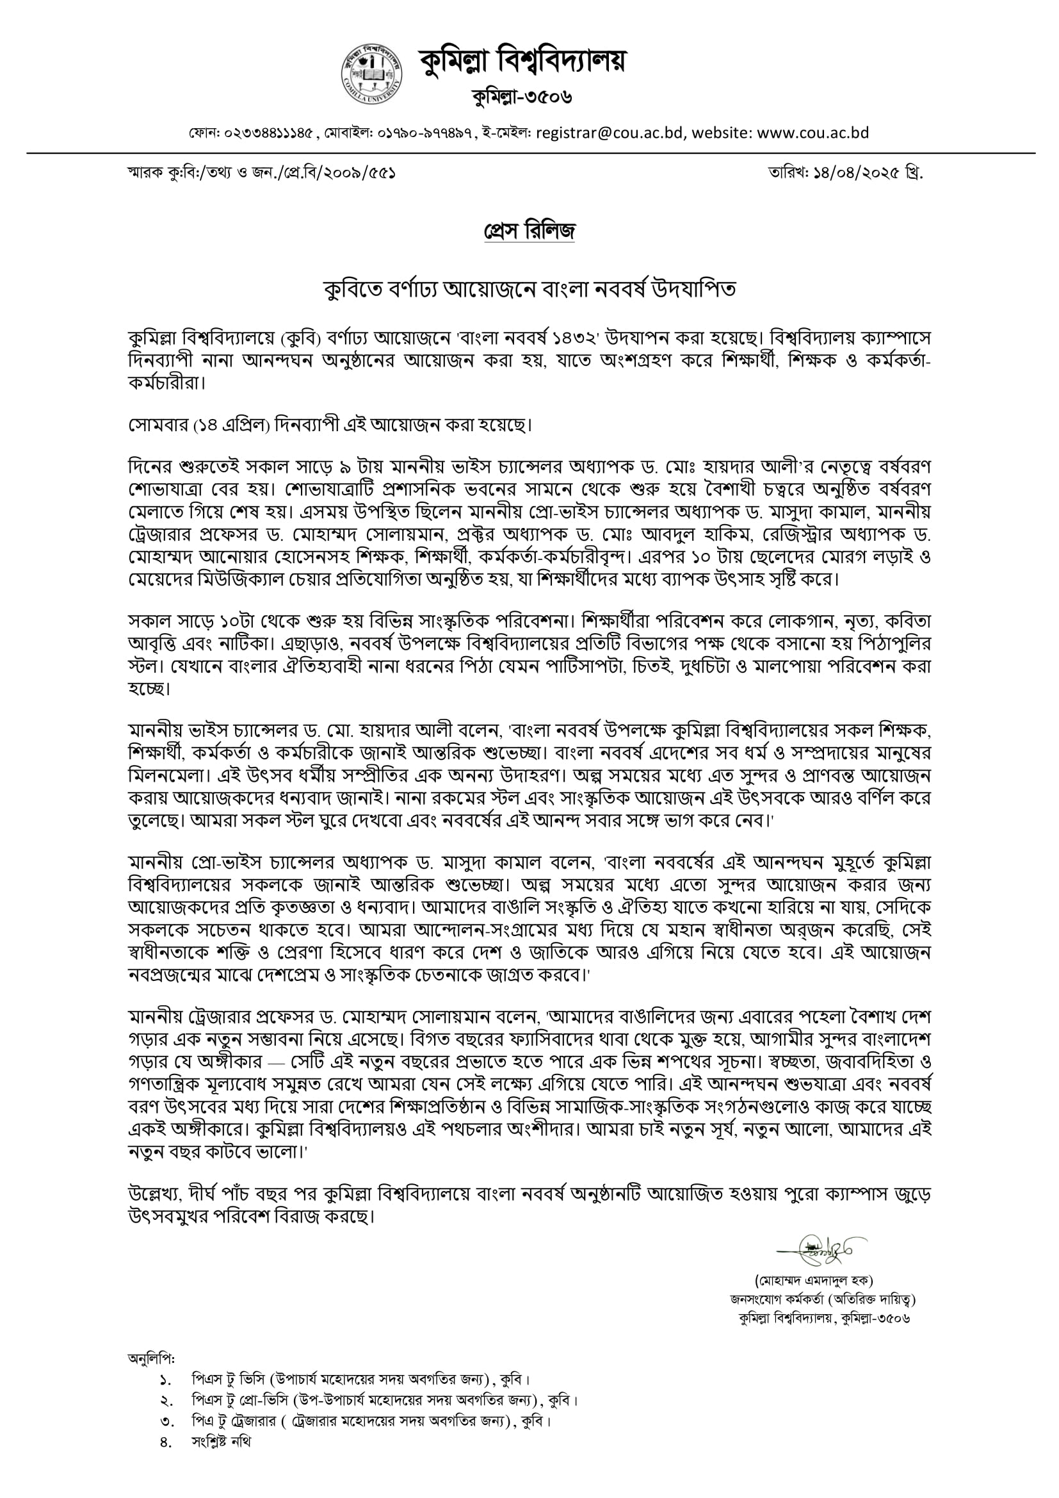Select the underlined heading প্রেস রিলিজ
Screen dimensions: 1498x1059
pos(529,231)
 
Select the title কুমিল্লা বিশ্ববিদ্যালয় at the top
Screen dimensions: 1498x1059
pos(522,62)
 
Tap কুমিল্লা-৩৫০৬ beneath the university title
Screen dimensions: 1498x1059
pos(522,97)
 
